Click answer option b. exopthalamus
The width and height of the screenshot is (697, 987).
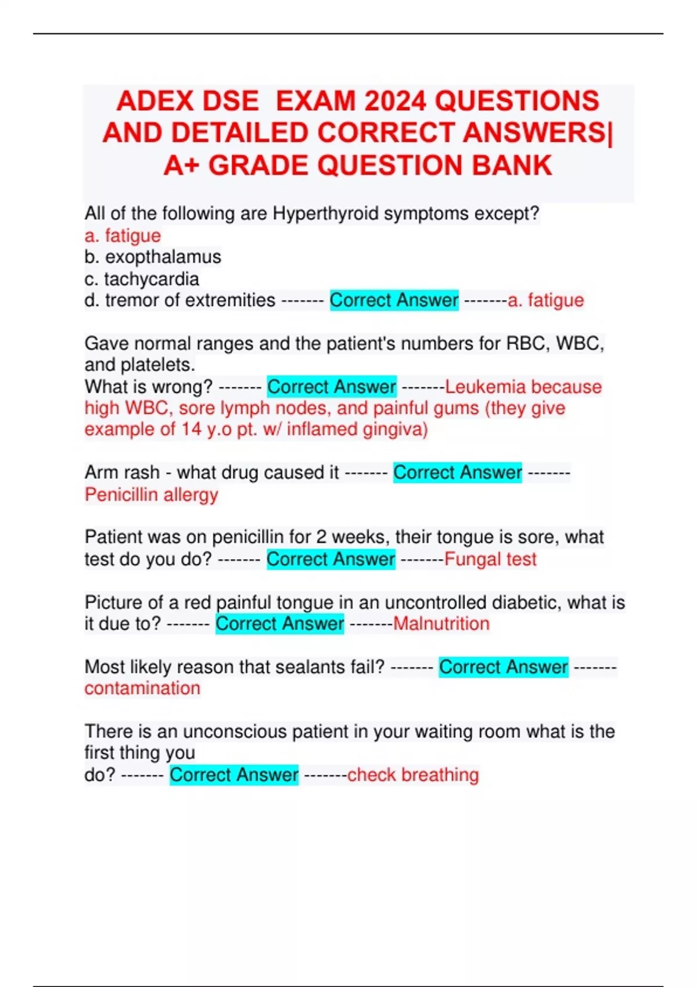click(153, 257)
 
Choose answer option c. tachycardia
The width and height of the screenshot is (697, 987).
click(142, 279)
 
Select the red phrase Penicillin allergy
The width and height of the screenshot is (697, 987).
click(152, 495)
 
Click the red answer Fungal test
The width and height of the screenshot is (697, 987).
click(490, 559)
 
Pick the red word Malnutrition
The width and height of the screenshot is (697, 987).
click(441, 624)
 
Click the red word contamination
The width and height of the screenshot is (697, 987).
click(142, 688)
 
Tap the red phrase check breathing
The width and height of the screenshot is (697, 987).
click(413, 775)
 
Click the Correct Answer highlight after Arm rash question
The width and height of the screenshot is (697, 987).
click(458, 473)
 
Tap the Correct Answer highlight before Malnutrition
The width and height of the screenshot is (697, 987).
click(280, 624)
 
